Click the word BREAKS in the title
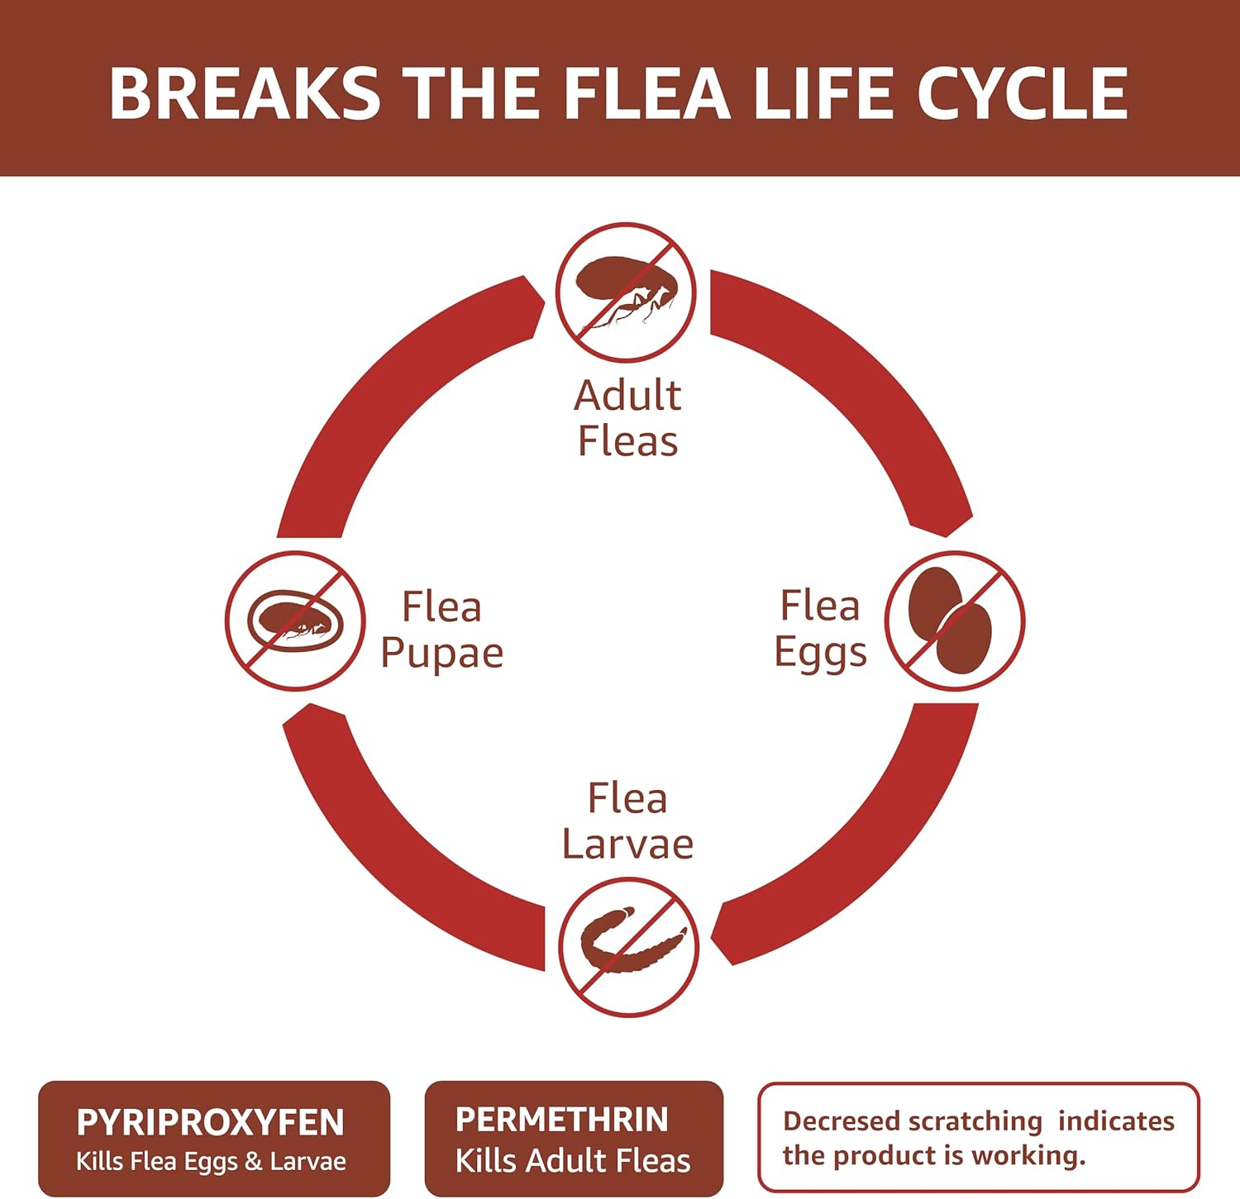[x=244, y=93]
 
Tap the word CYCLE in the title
[x=1023, y=93]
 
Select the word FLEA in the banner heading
[x=646, y=93]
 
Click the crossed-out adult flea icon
[x=626, y=292]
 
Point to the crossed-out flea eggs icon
[x=954, y=621]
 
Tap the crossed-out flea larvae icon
[x=628, y=947]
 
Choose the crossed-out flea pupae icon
[x=295, y=621]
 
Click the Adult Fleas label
[x=627, y=418]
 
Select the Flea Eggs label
[x=820, y=628]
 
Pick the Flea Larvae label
[x=627, y=821]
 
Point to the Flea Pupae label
[x=441, y=630]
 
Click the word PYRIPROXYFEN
[x=210, y=1123]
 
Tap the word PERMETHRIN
[x=561, y=1120]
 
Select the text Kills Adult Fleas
[x=572, y=1161]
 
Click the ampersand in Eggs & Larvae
[x=253, y=1161]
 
